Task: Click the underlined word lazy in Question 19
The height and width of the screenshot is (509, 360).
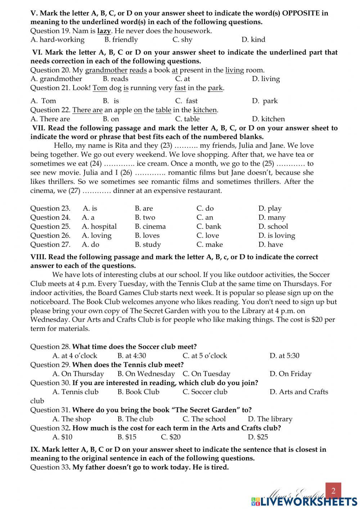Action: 104,31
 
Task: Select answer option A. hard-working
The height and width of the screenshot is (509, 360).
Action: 58,40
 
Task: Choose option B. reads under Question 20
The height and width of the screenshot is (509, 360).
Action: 116,79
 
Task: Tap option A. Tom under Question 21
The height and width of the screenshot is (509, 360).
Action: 44,101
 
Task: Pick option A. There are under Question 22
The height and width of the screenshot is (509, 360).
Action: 50,119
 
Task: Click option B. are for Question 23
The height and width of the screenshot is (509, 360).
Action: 144,209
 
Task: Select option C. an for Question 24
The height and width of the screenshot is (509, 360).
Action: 205,218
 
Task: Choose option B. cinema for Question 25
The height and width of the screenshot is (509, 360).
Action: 150,227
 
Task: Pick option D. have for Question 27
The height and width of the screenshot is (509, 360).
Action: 271,245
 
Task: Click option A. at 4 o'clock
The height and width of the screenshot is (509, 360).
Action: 75,356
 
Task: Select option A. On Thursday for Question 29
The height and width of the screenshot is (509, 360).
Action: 78,374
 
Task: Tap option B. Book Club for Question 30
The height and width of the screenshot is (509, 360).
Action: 138,392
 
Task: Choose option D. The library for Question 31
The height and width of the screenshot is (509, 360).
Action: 270,419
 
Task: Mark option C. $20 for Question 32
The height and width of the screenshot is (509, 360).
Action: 171,437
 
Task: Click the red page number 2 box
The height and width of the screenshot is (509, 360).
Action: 333,491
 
